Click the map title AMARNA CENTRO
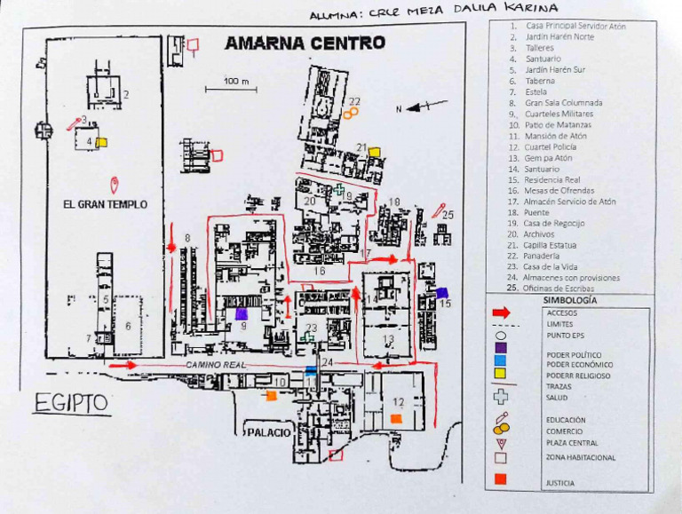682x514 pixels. click(305, 43)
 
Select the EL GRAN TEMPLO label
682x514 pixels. click(105, 204)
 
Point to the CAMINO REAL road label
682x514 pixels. click(215, 365)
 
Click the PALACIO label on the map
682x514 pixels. click(268, 432)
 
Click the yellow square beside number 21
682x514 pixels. click(375, 152)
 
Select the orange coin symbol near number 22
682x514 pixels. click(352, 113)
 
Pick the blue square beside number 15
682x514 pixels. click(441, 292)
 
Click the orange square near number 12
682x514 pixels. click(396, 417)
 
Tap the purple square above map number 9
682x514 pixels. click(241, 313)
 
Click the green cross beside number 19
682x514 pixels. click(339, 189)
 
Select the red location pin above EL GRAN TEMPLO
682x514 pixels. click(114, 185)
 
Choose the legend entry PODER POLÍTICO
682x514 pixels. click(567, 354)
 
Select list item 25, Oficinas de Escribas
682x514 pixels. click(559, 289)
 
